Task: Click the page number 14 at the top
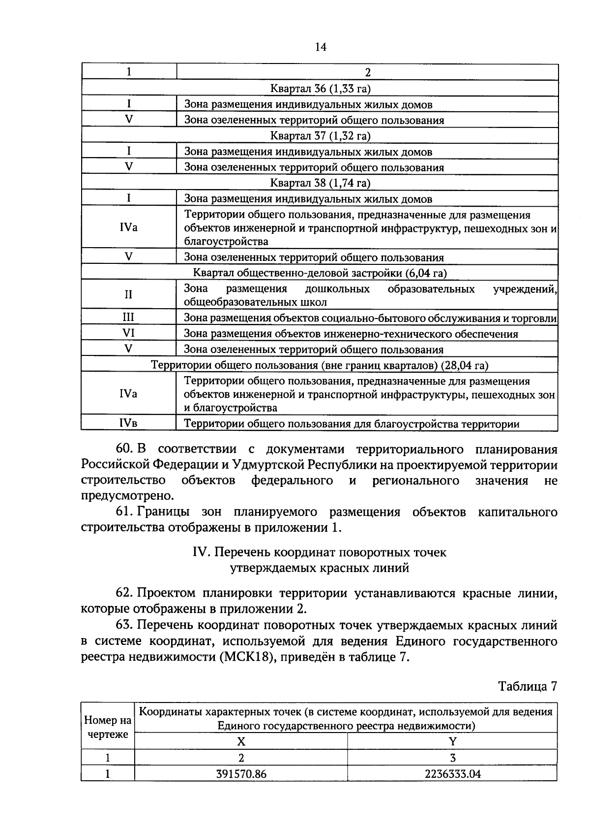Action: (x=320, y=47)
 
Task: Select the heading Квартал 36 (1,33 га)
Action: (x=320, y=89)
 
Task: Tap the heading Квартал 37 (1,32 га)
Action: (x=320, y=136)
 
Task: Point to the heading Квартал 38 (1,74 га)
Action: (x=320, y=183)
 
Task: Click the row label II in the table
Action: (x=128, y=295)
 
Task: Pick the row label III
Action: (x=128, y=318)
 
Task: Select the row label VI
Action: (x=128, y=333)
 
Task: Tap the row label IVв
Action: (x=128, y=423)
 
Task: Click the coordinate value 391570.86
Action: (x=241, y=774)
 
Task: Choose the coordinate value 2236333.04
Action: (x=452, y=774)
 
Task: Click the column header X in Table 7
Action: (x=241, y=742)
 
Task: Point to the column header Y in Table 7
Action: (x=452, y=742)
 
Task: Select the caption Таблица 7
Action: (x=528, y=686)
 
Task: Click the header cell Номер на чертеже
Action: (x=108, y=727)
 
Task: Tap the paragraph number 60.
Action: (x=125, y=449)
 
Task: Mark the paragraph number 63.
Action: (x=125, y=626)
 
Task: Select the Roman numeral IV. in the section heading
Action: (x=202, y=553)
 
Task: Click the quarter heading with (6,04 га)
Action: (x=320, y=273)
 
